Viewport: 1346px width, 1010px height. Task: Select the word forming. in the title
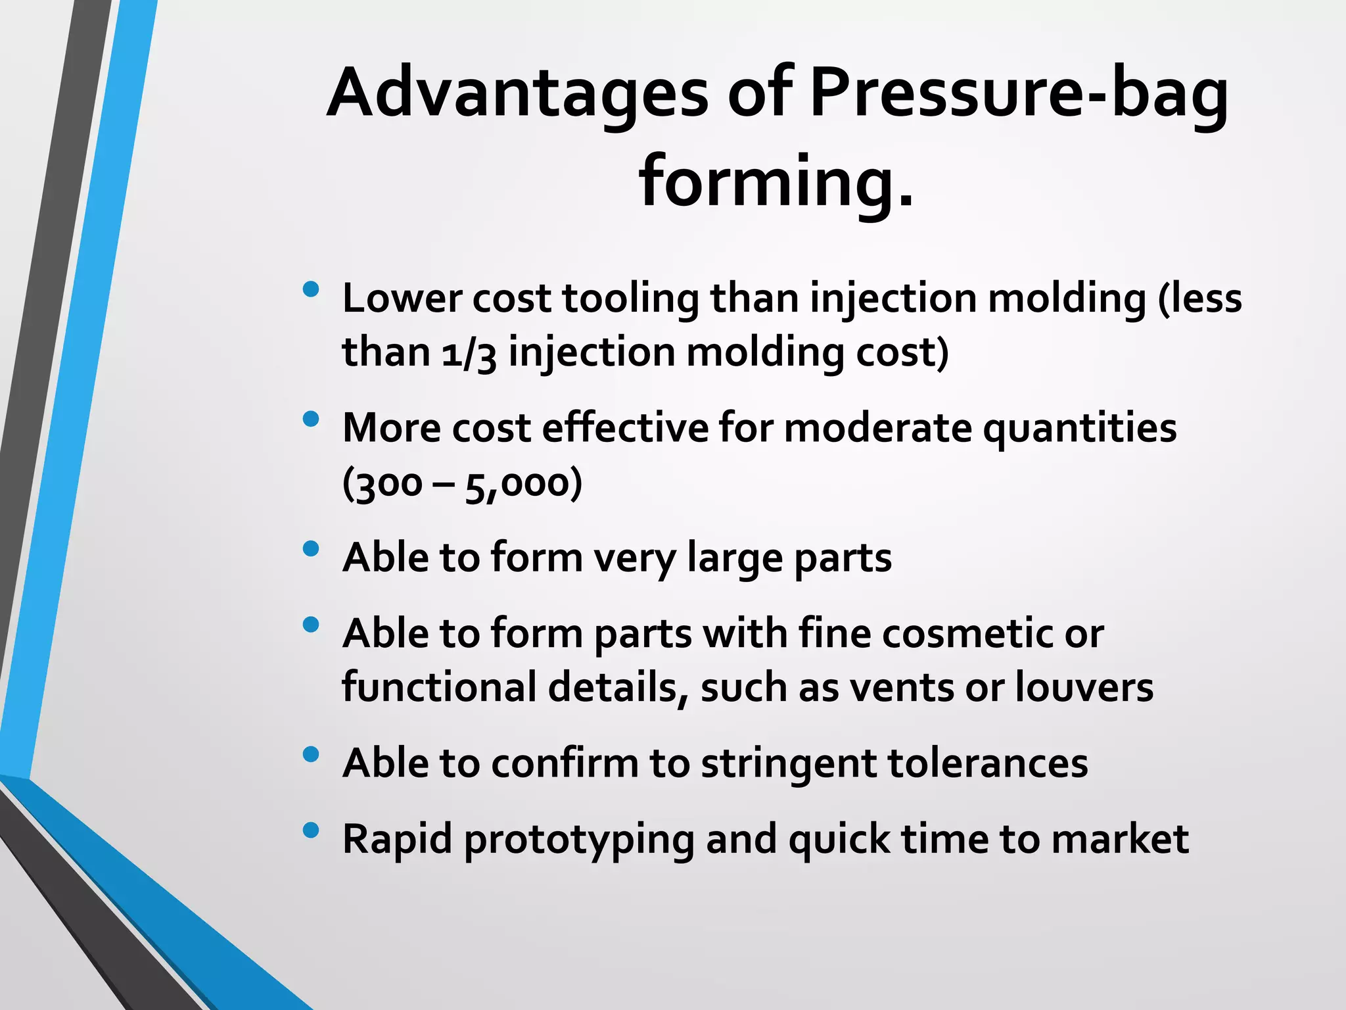click(x=776, y=182)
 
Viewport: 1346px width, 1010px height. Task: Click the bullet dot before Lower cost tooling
click(x=311, y=289)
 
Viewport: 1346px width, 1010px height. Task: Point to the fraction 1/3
click(x=469, y=354)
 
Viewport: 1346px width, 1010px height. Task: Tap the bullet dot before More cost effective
click(x=311, y=419)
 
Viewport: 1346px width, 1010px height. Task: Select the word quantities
click(x=1079, y=429)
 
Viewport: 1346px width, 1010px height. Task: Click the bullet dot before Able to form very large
click(x=311, y=548)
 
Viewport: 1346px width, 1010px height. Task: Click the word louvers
click(x=1084, y=688)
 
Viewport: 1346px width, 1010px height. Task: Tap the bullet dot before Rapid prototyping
click(x=311, y=830)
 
